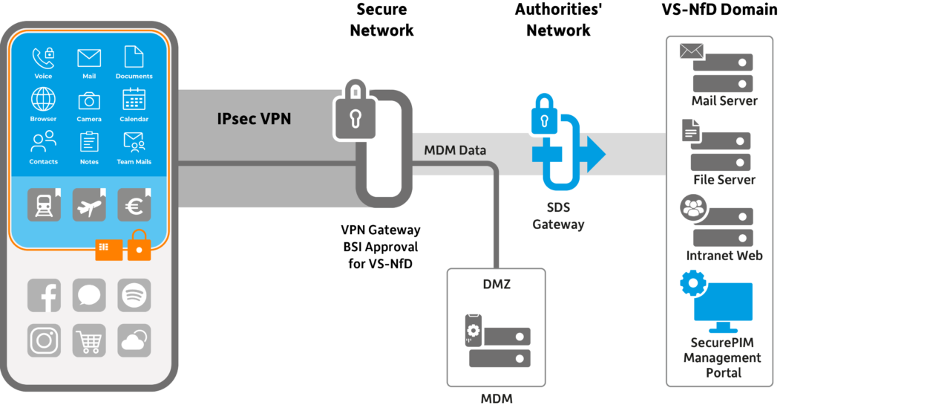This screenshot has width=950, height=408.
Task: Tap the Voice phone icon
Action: [43, 58]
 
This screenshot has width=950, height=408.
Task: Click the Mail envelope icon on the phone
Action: [89, 58]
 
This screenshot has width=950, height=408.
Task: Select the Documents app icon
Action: [134, 58]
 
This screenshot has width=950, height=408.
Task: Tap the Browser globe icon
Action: [43, 100]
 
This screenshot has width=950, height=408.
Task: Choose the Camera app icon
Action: [89, 100]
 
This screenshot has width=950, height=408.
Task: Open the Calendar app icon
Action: [134, 100]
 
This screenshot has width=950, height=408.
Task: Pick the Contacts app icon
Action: [43, 141]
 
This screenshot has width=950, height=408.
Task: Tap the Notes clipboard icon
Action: [89, 141]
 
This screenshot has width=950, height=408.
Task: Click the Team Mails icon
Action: [134, 141]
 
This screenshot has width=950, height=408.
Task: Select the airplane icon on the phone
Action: [89, 205]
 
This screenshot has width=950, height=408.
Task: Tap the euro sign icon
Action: [134, 205]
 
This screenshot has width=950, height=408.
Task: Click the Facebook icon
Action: [44, 295]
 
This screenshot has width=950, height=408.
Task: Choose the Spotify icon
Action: [134, 295]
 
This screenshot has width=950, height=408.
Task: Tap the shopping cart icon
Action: [89, 340]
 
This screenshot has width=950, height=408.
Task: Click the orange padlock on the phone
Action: [139, 247]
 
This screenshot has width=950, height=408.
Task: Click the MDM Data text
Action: [455, 151]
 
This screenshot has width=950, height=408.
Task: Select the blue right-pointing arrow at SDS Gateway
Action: [593, 154]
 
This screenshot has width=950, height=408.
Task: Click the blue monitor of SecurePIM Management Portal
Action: [722, 307]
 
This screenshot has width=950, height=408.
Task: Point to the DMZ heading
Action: [496, 285]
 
